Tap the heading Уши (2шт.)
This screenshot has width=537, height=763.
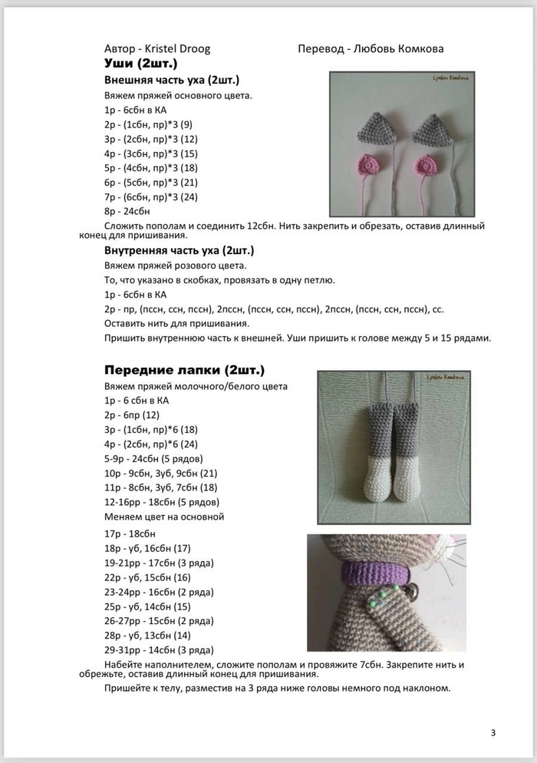click(140, 63)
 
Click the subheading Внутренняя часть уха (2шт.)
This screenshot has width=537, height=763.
click(179, 250)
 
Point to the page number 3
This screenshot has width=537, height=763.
click(493, 732)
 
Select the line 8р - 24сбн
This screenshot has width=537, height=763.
click(127, 211)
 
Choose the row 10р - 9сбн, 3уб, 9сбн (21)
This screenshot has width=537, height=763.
click(160, 473)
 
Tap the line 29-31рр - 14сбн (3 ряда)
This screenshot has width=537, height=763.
click(158, 650)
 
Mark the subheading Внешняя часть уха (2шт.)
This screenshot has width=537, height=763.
click(171, 80)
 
